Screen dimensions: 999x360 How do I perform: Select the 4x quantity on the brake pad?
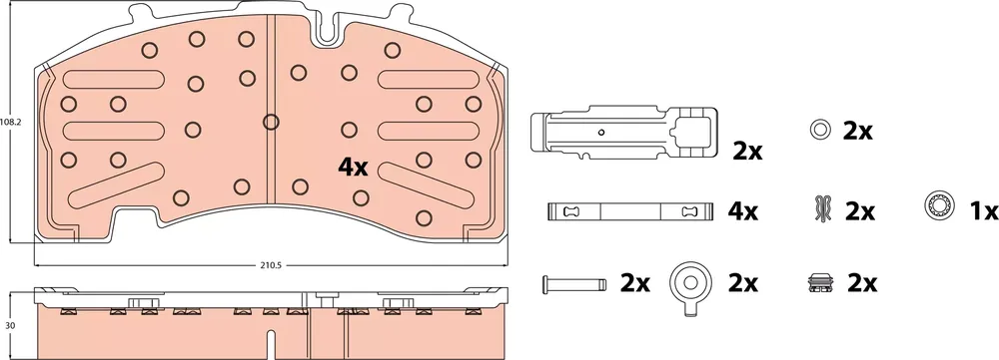pyautogui.click(x=353, y=168)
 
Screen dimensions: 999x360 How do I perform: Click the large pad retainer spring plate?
pyautogui.click(x=623, y=132)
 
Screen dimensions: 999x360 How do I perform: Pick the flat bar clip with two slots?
pyautogui.click(x=629, y=211)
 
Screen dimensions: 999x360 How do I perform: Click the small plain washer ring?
pyautogui.click(x=820, y=130)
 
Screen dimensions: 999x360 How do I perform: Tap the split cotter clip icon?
pyautogui.click(x=820, y=209)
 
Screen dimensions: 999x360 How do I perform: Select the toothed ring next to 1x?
pyautogui.click(x=940, y=208)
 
